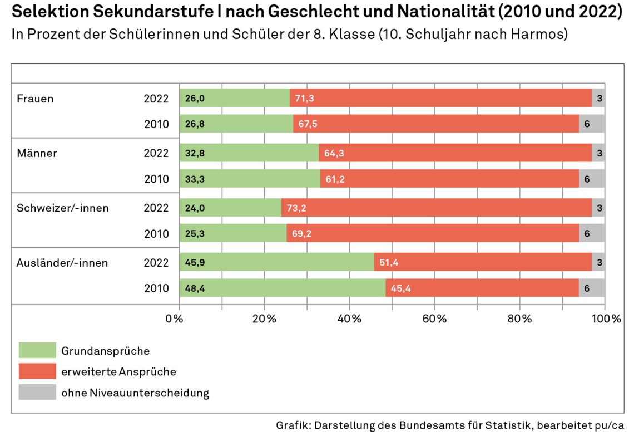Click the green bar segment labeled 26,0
[235, 98]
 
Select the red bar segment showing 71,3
[440, 98]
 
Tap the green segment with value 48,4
[283, 288]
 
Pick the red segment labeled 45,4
[482, 288]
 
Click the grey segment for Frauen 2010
[592, 124]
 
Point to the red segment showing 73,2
[436, 208]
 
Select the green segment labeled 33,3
[250, 179]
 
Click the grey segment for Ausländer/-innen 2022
[598, 262]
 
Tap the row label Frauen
[35, 99]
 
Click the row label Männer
[37, 153]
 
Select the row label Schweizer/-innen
[63, 208]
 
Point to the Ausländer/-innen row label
[62, 262]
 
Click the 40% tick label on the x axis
[349, 319]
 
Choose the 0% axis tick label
[175, 319]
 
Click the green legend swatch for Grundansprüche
[37, 351]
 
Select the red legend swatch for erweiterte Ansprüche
[37, 371]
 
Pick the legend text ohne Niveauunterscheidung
[135, 393]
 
